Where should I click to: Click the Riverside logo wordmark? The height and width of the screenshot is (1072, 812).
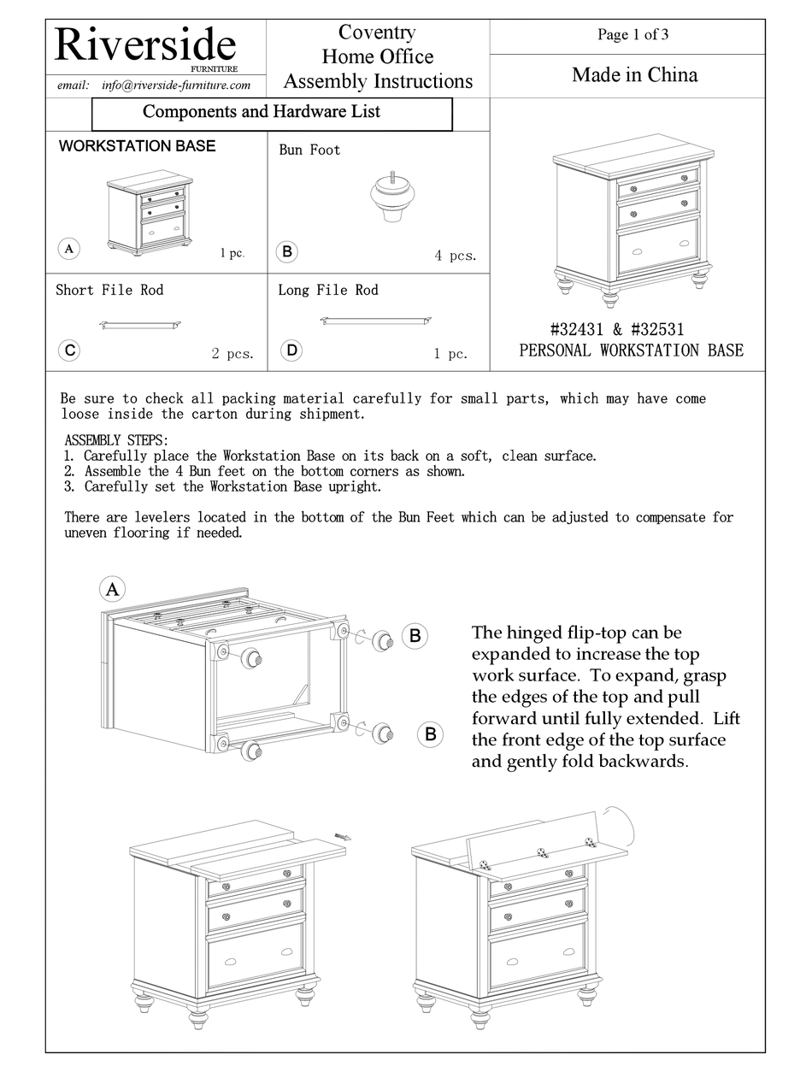[145, 44]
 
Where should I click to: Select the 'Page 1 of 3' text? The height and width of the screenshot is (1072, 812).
[633, 35]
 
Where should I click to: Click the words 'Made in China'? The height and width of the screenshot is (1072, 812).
[634, 75]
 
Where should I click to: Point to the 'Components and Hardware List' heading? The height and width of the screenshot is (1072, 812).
[262, 112]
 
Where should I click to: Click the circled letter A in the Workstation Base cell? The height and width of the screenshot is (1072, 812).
[68, 250]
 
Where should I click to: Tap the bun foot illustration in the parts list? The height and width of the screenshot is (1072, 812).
[391, 201]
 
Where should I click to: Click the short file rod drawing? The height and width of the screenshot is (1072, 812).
[140, 325]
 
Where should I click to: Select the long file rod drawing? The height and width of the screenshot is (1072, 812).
[375, 321]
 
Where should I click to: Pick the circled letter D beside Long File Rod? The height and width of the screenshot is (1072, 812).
[291, 350]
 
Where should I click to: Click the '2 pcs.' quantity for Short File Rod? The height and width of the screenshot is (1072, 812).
[232, 354]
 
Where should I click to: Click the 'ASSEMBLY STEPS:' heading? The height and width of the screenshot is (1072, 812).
[116, 440]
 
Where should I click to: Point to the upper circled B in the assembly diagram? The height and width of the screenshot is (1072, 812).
[415, 635]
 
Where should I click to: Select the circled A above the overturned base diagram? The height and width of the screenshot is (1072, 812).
[112, 589]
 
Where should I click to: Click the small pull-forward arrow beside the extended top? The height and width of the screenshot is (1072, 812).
[343, 837]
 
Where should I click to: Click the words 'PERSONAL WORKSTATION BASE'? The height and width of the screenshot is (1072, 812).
[631, 350]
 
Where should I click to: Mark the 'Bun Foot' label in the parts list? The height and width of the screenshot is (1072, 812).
[309, 150]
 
